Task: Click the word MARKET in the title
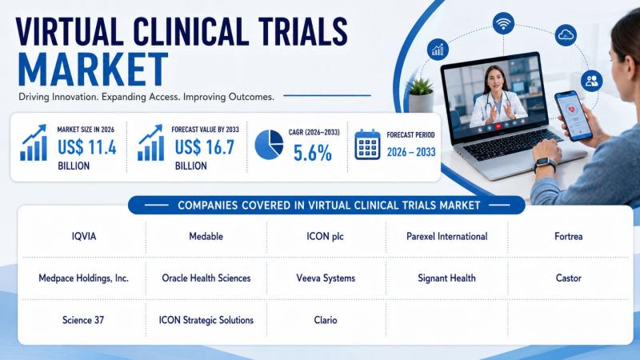pyautogui.click(x=93, y=69)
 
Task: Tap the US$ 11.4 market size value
pyautogui.click(x=87, y=147)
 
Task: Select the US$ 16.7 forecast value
pyautogui.click(x=205, y=147)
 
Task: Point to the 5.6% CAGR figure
pyautogui.click(x=312, y=154)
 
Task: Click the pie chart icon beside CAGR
pyautogui.click(x=269, y=145)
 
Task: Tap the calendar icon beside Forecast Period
pyautogui.click(x=367, y=145)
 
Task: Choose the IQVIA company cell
pyautogui.click(x=84, y=236)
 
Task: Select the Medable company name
pyautogui.click(x=206, y=236)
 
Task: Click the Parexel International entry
pyautogui.click(x=447, y=236)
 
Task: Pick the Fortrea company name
pyautogui.click(x=568, y=236)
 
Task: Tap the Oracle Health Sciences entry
pyautogui.click(x=206, y=278)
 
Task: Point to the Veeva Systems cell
pyautogui.click(x=326, y=278)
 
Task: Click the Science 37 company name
pyautogui.click(x=83, y=320)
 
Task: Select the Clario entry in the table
pyautogui.click(x=326, y=320)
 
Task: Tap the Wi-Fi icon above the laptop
pyautogui.click(x=503, y=23)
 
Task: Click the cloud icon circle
pyautogui.click(x=566, y=35)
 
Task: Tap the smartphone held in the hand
pyautogui.click(x=573, y=115)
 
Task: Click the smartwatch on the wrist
pyautogui.click(x=545, y=165)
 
